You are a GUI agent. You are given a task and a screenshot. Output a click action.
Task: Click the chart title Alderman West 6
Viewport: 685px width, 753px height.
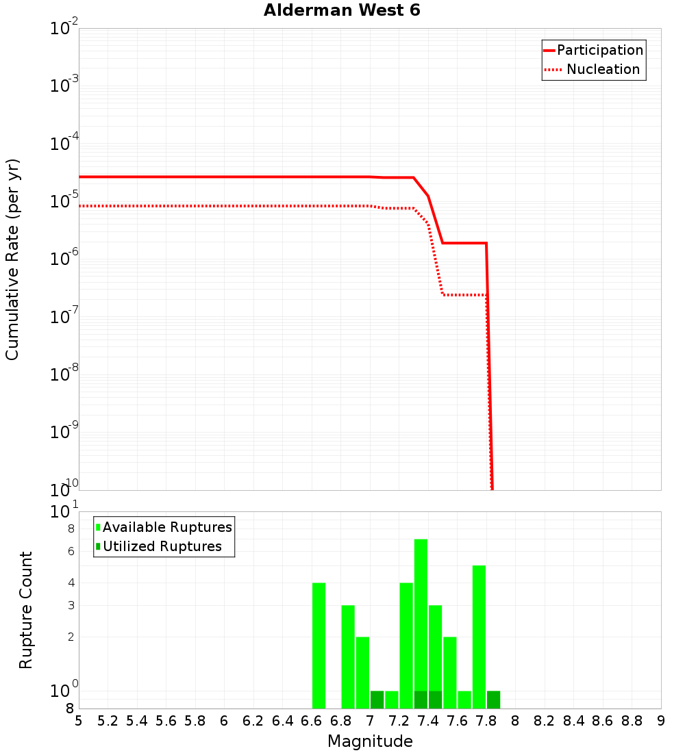coord(342,11)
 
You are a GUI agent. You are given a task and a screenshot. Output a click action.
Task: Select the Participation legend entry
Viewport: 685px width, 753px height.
coord(599,50)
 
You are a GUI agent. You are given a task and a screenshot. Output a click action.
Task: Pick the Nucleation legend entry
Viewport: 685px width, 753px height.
coord(602,69)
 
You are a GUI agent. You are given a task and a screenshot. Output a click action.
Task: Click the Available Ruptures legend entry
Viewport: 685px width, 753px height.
coord(166,527)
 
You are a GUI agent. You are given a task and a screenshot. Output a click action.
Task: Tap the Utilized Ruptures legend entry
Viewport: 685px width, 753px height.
coord(162,546)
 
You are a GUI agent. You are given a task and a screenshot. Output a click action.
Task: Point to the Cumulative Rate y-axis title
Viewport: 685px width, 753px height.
coord(12,259)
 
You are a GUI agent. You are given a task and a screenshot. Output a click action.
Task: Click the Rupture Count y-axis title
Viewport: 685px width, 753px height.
coord(26,609)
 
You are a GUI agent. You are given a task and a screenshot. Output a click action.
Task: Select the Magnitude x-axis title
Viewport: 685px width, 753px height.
coord(370,741)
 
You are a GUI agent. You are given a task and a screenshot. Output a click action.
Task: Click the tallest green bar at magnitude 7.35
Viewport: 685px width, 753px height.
coord(421,616)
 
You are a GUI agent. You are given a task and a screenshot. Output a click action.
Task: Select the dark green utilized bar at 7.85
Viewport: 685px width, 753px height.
coord(493,700)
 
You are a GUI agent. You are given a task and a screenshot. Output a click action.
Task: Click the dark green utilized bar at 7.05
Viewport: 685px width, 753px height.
coord(377,700)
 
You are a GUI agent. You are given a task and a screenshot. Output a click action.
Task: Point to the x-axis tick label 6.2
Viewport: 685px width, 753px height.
coord(253,721)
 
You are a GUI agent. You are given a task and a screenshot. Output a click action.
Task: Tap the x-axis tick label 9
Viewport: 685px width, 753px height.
coord(660,721)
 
